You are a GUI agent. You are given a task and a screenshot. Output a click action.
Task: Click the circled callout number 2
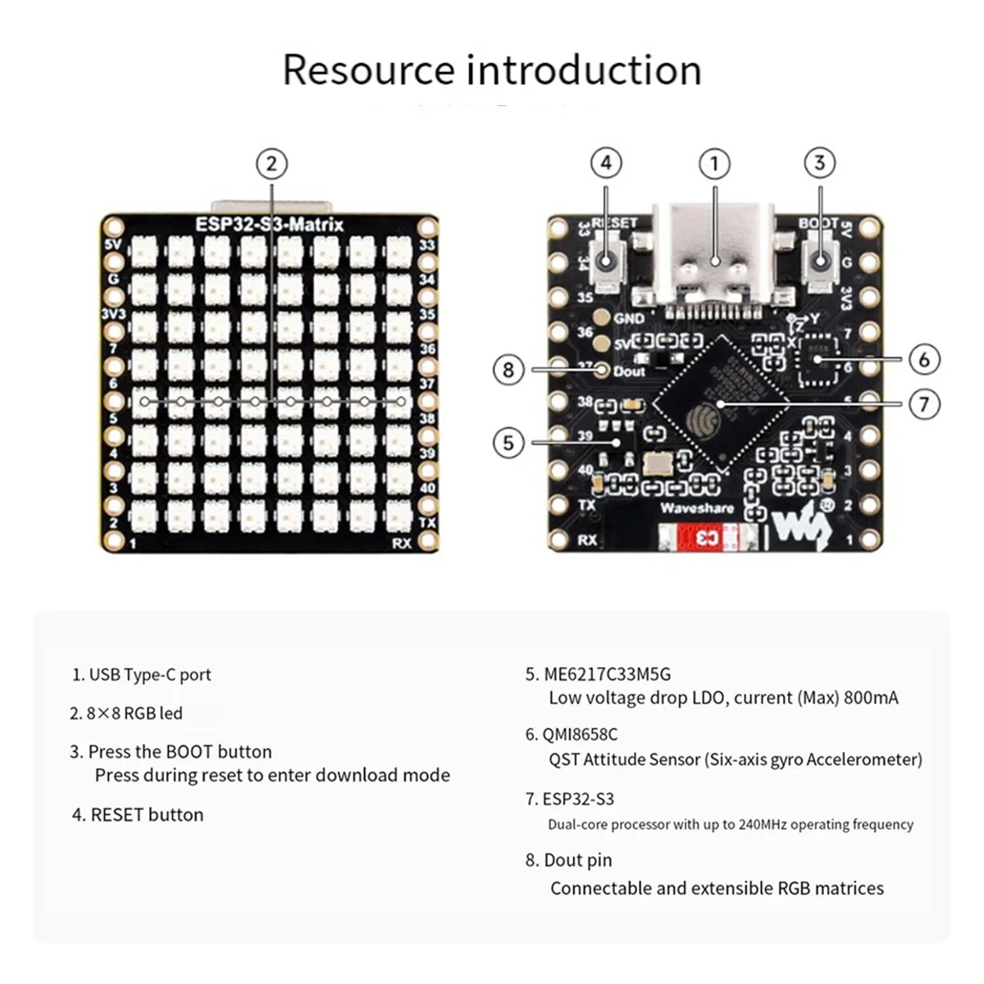271,164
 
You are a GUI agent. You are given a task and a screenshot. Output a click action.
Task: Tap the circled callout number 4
606,164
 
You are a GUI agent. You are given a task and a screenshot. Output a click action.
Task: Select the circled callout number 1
714,164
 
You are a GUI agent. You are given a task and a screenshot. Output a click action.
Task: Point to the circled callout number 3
819,164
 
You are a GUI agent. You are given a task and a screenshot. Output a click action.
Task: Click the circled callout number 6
924,359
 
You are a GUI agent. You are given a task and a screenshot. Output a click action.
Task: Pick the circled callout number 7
924,404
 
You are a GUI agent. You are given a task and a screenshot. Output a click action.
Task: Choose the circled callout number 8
508,370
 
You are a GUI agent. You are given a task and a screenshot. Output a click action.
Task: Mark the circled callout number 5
508,443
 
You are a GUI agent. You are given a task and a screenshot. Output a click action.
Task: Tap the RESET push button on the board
607,261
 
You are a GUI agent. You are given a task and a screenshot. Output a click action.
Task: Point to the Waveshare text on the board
697,508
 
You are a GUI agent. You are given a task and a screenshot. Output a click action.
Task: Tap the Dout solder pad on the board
603,371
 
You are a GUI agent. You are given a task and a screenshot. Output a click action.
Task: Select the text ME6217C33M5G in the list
607,674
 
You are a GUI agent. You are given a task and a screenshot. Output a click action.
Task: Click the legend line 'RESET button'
147,814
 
